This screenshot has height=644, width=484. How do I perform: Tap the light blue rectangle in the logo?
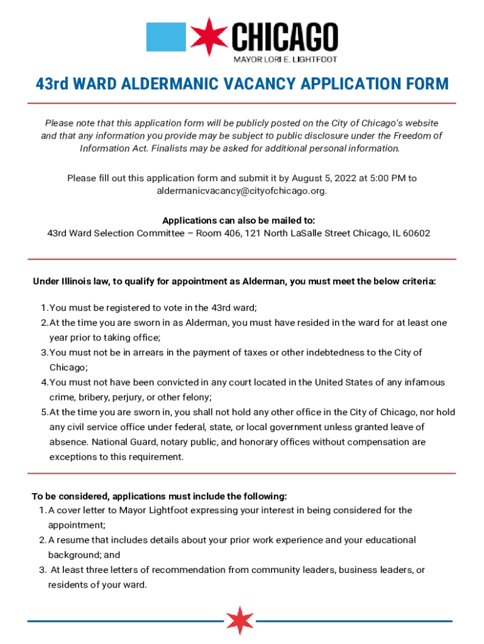(166, 36)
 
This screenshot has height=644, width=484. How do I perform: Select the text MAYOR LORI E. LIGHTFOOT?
(285, 59)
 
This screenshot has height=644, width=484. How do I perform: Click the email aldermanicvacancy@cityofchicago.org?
(242, 191)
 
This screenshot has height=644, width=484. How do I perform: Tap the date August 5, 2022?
(316, 179)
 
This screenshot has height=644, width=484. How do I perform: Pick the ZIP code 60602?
(417, 233)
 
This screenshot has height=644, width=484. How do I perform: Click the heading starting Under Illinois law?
(234, 282)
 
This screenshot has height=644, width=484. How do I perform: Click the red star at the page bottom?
(239, 620)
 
